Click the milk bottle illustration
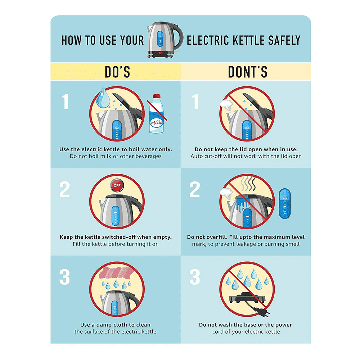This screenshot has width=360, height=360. tap(157, 114)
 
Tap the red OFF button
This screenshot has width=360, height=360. tap(117, 185)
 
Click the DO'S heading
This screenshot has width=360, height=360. tap(117, 72)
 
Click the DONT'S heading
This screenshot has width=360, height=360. tap(248, 72)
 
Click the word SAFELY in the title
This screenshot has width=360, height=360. tap(284, 40)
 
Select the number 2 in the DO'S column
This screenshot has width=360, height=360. tap(64, 189)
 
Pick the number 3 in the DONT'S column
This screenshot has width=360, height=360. tap(195, 277)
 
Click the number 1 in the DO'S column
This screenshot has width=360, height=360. tap(65, 101)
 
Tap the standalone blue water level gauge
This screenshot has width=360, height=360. tap(285, 203)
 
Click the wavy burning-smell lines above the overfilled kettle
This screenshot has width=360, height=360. tap(248, 184)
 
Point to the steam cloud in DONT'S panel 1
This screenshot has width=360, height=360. tap(226, 104)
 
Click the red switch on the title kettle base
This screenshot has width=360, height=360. tap(160, 53)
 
